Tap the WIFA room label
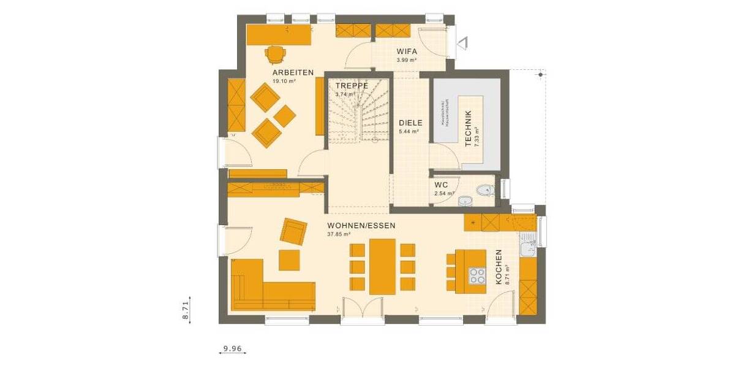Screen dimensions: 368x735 tap(407, 52)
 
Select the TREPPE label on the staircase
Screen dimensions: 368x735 tap(352, 86)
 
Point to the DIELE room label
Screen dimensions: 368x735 tap(410, 123)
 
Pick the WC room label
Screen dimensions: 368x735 tap(442, 185)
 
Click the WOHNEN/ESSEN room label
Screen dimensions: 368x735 tap(361, 225)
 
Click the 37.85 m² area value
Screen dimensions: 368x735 tap(339, 234)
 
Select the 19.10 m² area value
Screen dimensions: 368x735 tap(284, 80)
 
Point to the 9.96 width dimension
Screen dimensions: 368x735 tap(233, 349)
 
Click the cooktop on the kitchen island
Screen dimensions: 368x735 tap(475, 277)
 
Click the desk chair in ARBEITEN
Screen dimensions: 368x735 tap(276, 55)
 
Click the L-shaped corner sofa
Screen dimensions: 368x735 tap(263, 288)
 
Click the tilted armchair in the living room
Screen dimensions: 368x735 tap(293, 231)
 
